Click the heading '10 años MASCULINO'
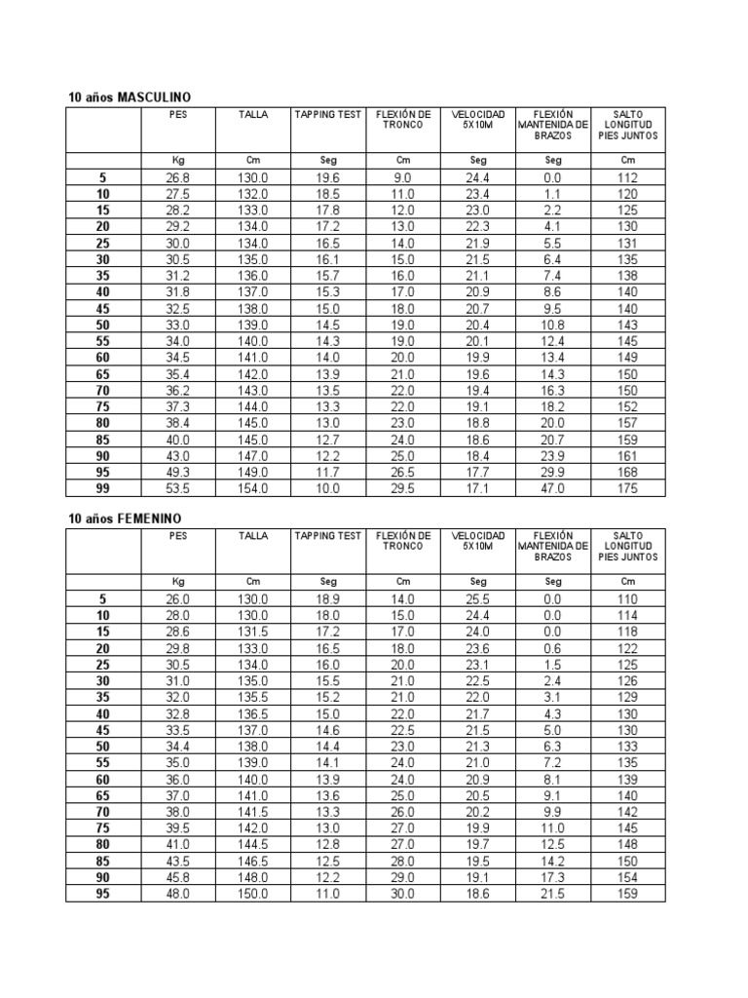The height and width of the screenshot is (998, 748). (x=129, y=97)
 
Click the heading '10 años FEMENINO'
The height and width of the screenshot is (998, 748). (x=126, y=519)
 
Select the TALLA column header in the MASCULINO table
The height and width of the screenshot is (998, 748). (x=253, y=115)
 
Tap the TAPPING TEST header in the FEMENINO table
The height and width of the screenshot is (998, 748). (x=328, y=537)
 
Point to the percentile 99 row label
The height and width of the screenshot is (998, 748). (x=103, y=488)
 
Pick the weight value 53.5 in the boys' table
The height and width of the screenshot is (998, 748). (x=178, y=488)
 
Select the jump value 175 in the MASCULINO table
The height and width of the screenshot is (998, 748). (x=628, y=488)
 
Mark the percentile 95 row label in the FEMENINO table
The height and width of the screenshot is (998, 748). (x=103, y=894)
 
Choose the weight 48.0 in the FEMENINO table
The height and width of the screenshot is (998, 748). (x=178, y=894)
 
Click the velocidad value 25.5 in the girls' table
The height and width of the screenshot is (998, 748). (x=478, y=599)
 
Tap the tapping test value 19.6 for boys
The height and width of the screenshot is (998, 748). (x=328, y=177)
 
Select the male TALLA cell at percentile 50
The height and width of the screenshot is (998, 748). (x=253, y=325)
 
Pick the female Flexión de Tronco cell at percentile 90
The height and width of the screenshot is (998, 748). (x=403, y=877)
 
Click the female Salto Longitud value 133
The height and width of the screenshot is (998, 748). (x=628, y=747)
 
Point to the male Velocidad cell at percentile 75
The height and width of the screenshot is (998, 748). (x=478, y=406)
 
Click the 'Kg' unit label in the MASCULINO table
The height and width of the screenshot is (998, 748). (x=178, y=160)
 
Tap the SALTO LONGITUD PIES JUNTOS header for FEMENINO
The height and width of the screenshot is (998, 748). (x=628, y=547)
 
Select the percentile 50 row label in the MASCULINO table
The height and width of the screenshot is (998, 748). (x=103, y=325)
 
